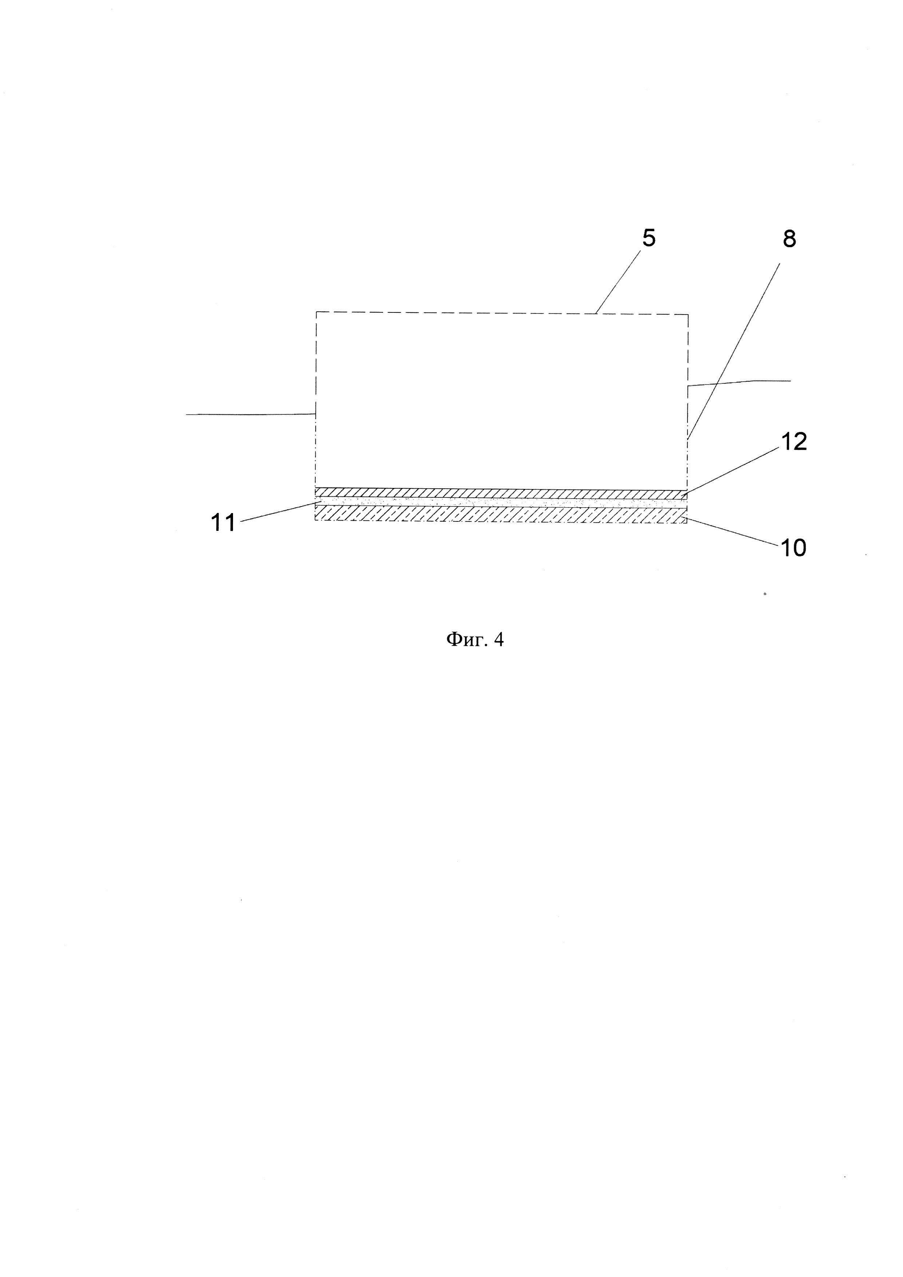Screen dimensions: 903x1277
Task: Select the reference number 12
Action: (793, 442)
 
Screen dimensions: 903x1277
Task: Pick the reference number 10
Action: (793, 548)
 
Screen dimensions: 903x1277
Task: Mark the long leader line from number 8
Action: (734, 350)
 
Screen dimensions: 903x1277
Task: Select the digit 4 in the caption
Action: (499, 640)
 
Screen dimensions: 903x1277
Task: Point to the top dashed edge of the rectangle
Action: (500, 313)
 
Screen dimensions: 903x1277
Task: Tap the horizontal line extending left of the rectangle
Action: (250, 414)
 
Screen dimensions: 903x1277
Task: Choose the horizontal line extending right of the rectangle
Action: (740, 382)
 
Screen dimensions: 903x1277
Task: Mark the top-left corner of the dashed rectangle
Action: (316, 312)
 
